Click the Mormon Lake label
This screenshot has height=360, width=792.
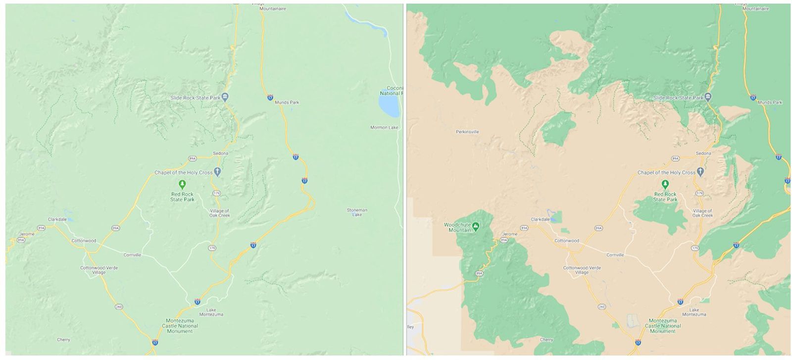tap(384, 127)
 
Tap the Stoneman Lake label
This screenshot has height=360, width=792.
tap(357, 212)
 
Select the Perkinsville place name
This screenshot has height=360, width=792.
tap(467, 132)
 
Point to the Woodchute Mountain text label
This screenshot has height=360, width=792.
tap(456, 227)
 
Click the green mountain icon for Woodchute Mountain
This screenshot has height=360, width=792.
tap(476, 226)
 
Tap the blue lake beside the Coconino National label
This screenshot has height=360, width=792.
tap(389, 104)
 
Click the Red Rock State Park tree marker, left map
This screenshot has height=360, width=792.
tap(183, 185)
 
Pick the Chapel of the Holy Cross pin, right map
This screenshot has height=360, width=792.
tap(700, 172)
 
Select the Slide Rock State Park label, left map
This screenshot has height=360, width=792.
tap(195, 98)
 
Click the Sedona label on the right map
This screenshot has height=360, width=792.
tap(703, 154)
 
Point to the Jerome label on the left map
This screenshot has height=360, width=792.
tap(27, 234)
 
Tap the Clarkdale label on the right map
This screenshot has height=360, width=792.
tap(540, 219)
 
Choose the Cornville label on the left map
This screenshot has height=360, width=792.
tap(132, 255)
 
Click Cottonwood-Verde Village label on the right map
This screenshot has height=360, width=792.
tap(582, 270)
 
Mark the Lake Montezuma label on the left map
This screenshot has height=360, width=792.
tap(211, 312)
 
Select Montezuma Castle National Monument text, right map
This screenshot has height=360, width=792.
tap(663, 326)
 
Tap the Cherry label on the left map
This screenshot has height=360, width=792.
tap(63, 340)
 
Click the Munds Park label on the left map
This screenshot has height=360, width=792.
tap(287, 103)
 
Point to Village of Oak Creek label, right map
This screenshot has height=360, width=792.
tap(702, 213)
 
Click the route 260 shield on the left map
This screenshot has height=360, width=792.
tap(118, 307)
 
